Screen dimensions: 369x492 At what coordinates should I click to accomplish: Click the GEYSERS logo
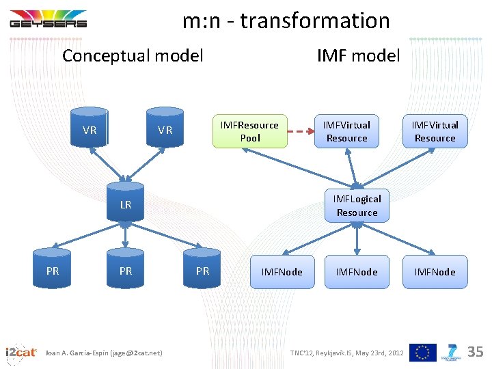point(48,19)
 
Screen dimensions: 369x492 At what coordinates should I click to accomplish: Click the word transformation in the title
point(314,21)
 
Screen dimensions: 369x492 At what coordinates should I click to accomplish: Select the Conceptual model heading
point(133,56)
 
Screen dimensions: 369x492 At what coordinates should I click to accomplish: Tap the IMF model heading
point(358,56)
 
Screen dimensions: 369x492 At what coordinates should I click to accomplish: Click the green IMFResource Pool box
point(249,131)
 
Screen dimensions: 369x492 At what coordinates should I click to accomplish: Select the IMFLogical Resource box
point(357,206)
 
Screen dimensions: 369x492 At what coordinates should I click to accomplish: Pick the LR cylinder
point(125,204)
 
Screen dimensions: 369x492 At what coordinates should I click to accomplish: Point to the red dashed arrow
point(301,131)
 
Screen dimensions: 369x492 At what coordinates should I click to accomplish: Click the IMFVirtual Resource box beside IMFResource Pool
point(346,131)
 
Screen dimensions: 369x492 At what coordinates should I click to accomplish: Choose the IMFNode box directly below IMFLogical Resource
point(357,272)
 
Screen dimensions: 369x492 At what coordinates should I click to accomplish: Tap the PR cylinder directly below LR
point(126,271)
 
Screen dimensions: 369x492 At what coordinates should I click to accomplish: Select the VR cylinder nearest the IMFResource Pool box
point(165,128)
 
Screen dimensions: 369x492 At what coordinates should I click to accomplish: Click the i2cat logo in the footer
point(20,353)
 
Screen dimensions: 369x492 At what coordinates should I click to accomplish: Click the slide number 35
point(475,352)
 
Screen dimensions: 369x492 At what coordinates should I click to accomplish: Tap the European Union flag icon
point(424,352)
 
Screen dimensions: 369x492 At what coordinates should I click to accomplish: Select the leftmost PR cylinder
point(53,271)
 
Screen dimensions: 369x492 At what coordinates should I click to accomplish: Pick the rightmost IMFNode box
point(435,272)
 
